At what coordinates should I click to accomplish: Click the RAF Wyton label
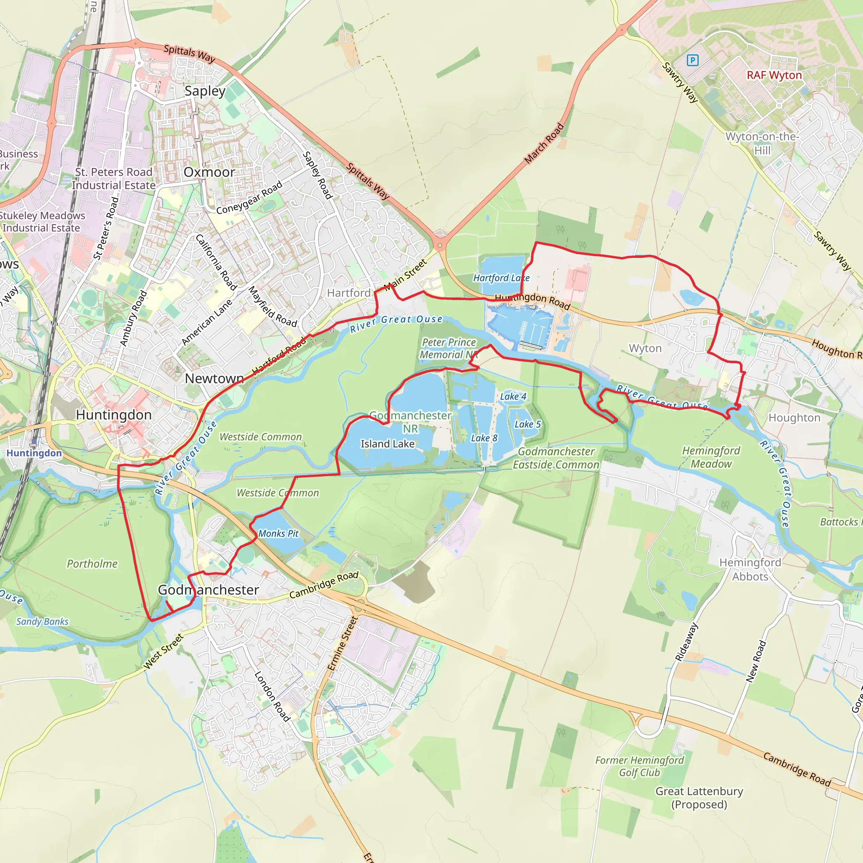pos(774,75)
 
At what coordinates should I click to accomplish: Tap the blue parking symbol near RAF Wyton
pos(692,60)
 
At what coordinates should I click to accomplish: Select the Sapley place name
pos(205,91)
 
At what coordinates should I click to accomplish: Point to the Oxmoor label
pos(209,172)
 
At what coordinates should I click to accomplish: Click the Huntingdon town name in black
pos(113,415)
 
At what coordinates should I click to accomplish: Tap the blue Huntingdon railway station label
pos(34,453)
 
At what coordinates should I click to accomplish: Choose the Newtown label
pos(214,378)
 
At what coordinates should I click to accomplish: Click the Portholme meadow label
pos(92,564)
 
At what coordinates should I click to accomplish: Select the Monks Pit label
pos(278,533)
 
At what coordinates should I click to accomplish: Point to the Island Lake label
pos(387,444)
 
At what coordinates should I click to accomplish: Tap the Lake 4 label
pos(513,396)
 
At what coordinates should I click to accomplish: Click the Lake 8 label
pos(484,438)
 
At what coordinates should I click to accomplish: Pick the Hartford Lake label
pos(501,278)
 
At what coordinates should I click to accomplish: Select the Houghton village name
pos(794,418)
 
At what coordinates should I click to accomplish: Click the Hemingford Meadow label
pos(711,457)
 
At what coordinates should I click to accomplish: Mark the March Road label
pos(544,143)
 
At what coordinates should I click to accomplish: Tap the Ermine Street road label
pos(343,643)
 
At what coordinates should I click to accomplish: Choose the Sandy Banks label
pos(43,622)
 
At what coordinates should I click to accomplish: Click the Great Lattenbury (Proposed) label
pos(699,798)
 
